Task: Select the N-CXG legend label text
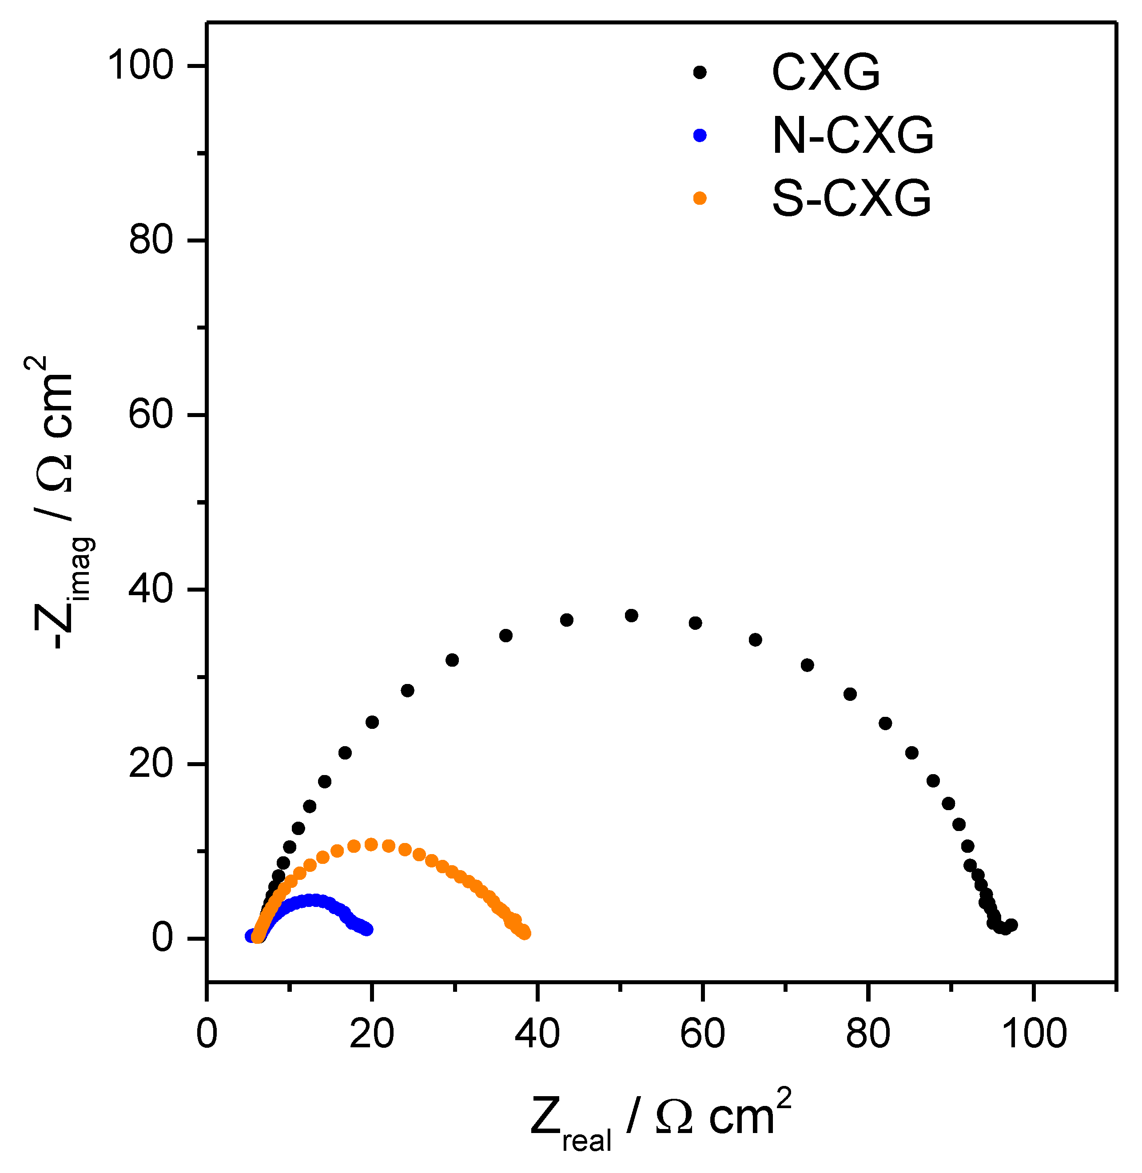tap(852, 135)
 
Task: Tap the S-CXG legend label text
tap(851, 199)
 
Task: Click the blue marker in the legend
tap(699, 135)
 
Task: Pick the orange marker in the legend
tap(699, 199)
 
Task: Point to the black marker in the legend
tap(699, 72)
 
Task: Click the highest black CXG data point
tap(632, 615)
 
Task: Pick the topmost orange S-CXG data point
tap(371, 844)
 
